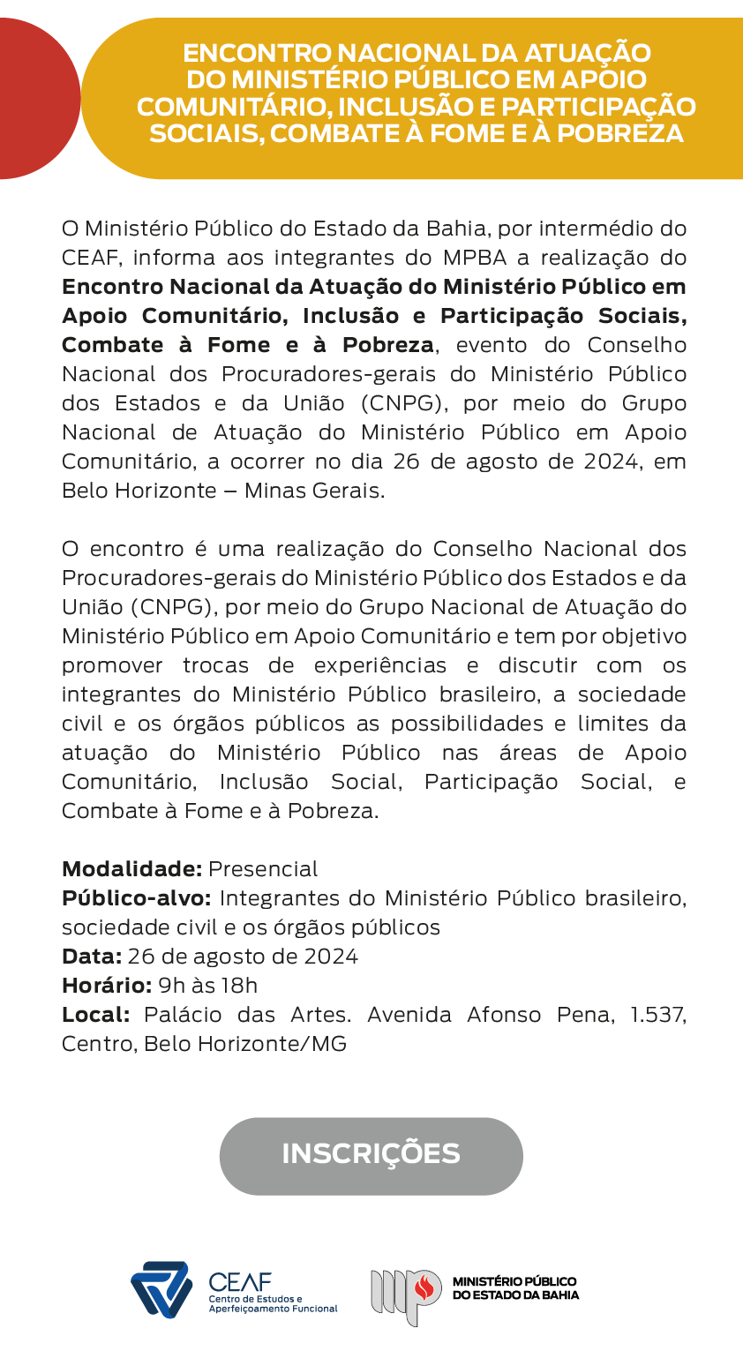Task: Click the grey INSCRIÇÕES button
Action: point(371,1155)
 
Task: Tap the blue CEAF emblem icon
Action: point(161,1289)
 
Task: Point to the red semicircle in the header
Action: point(35,98)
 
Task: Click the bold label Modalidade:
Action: point(132,869)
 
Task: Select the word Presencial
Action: point(263,869)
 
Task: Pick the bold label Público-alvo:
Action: point(137,898)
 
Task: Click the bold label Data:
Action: point(92,957)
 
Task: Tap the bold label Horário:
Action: point(107,986)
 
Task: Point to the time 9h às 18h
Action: point(208,986)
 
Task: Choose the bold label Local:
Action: point(96,1015)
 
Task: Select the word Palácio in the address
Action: point(184,1015)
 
